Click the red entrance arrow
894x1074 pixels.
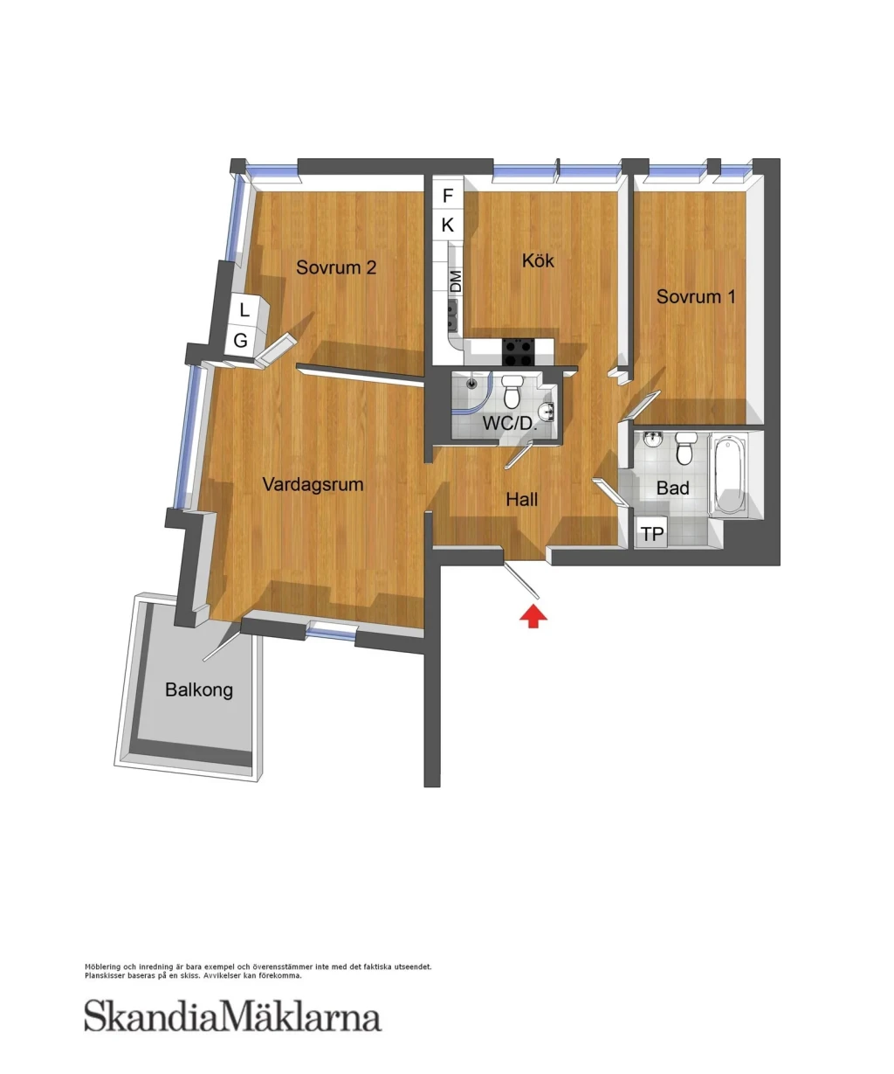[533, 617]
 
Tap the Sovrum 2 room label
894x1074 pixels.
[336, 267]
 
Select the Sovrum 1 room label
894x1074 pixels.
[696, 297]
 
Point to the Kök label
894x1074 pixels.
[538, 260]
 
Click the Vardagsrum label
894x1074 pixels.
[313, 484]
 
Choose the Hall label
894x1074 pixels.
[521, 500]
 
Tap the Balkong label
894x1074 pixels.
[199, 690]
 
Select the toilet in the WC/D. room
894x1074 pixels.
[512, 391]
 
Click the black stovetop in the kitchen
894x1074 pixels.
[519, 352]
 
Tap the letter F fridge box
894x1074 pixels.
[448, 196]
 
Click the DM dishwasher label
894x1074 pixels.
[455, 281]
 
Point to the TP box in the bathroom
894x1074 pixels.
[651, 533]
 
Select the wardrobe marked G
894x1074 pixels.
[240, 341]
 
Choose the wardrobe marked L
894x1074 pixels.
[244, 310]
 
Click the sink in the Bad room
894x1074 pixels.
[652, 440]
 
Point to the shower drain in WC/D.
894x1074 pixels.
[471, 383]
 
